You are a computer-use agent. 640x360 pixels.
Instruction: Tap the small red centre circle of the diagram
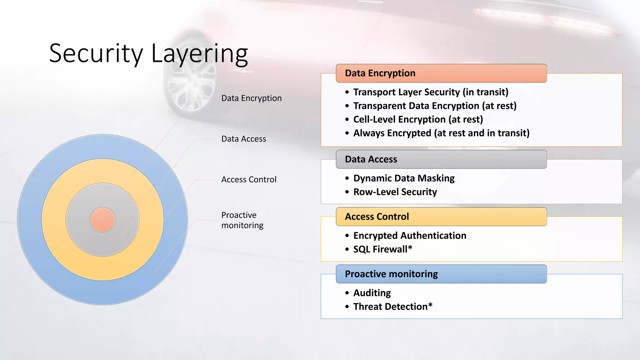102,220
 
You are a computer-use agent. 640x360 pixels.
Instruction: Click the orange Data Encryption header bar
441,73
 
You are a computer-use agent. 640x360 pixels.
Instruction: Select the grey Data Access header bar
441,159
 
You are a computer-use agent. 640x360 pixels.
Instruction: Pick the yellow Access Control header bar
441,217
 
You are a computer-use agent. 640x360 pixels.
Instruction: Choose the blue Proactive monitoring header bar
441,274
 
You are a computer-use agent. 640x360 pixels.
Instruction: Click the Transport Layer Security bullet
431,92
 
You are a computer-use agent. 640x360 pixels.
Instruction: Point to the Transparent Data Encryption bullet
435,106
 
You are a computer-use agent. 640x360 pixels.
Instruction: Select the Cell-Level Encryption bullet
418,119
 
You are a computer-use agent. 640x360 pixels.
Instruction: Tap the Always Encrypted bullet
441,133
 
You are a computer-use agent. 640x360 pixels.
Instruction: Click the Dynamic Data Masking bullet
404,178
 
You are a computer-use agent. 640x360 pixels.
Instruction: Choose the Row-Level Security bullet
395,192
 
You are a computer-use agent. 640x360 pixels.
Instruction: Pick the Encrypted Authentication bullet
410,236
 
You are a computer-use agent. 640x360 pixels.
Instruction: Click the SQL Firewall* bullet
382,249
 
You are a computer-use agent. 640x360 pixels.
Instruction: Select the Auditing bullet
372,293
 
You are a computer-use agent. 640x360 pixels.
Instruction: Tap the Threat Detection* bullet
393,307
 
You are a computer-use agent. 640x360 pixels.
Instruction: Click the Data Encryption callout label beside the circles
251,98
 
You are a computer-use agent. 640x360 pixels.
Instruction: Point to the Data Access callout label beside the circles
243,139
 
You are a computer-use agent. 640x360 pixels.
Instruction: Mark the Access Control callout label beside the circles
249,179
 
